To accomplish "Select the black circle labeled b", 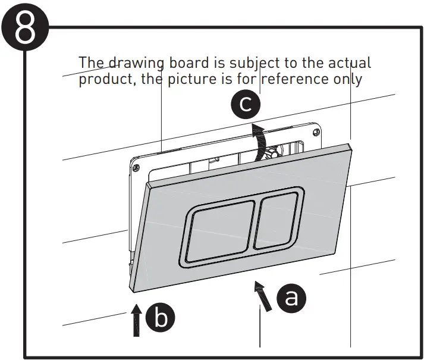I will pyautogui.click(x=161, y=318).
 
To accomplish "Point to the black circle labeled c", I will pyautogui.click(x=245, y=105).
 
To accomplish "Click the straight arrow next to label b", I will pyautogui.click(x=137, y=319).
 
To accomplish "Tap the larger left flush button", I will pyautogui.click(x=217, y=231).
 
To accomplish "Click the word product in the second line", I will pyautogui.click(x=107, y=80).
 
